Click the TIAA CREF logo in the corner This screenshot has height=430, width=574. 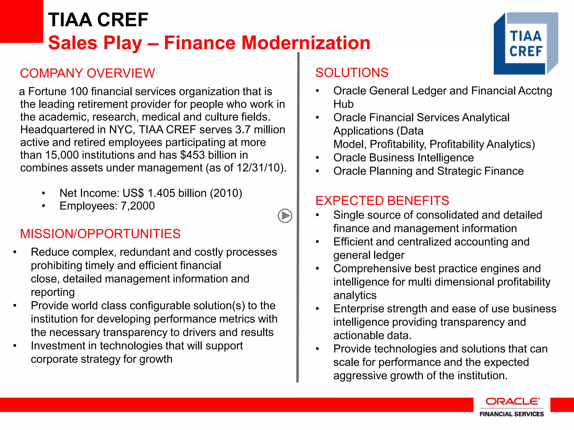pos(526,43)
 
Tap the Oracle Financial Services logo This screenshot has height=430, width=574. pos(511,407)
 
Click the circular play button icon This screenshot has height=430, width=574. pos(285,216)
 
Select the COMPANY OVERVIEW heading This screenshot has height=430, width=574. pos(87,73)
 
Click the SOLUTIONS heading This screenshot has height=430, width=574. pos(352,73)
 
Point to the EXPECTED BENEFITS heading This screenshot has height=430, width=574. pos(382,201)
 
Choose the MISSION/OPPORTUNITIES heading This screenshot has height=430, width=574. pos(100,234)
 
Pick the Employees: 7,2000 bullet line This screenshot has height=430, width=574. pos(107,206)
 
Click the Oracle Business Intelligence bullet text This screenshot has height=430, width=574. pos(403,158)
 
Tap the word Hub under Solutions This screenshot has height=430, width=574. pos(343,104)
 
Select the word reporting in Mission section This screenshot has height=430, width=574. pos(53,292)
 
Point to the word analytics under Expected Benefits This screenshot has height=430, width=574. pos(355,295)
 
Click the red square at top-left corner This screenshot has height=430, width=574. pos(21,21)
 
